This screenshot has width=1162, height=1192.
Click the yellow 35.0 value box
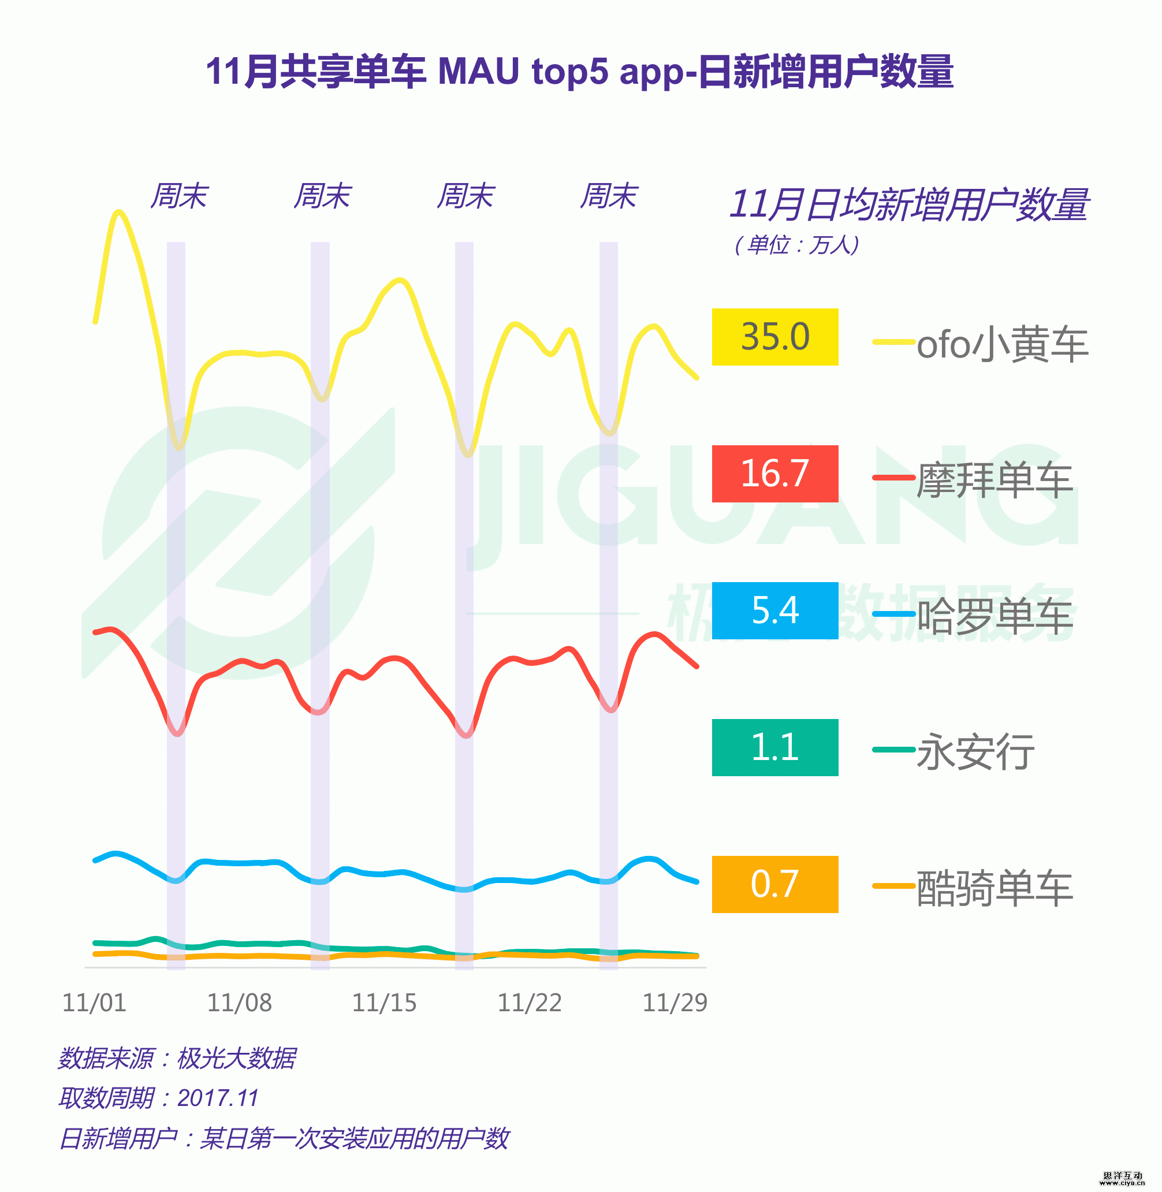point(774,337)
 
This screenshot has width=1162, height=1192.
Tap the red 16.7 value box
point(774,474)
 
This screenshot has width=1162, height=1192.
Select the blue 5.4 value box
point(774,610)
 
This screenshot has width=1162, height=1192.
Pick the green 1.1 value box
point(774,747)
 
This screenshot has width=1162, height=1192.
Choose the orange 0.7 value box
point(774,884)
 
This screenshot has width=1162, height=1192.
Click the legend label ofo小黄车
point(1002,344)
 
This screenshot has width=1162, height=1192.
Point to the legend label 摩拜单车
point(994,480)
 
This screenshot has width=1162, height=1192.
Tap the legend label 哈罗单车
point(994,616)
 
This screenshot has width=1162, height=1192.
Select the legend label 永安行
point(975,752)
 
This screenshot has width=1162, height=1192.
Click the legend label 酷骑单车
point(994,888)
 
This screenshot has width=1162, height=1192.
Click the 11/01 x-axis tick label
point(95,1003)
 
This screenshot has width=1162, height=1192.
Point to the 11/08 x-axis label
point(239,1003)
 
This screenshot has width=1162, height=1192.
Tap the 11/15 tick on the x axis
point(385,1003)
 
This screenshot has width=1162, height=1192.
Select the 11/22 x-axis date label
point(530,1003)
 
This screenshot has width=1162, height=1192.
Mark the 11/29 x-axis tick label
point(675,1003)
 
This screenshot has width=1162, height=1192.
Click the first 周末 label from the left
point(179,196)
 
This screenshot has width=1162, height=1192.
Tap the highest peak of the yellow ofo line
point(118,213)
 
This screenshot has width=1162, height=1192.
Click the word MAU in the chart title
point(478,72)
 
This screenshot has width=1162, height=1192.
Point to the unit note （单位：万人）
point(796,245)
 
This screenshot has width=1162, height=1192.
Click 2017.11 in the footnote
point(218,1098)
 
